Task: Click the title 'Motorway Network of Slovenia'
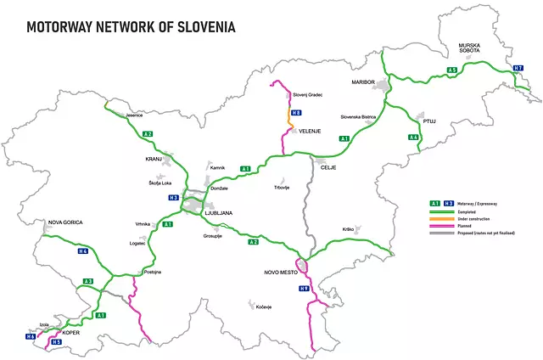click(131, 25)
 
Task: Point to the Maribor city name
click(363, 82)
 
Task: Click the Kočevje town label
click(261, 307)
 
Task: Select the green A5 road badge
click(453, 70)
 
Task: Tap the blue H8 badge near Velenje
click(295, 113)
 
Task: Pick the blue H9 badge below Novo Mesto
click(304, 290)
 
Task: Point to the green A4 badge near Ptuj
click(413, 138)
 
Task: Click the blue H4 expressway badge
click(82, 251)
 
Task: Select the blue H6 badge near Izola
click(31, 337)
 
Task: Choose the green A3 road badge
click(87, 281)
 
